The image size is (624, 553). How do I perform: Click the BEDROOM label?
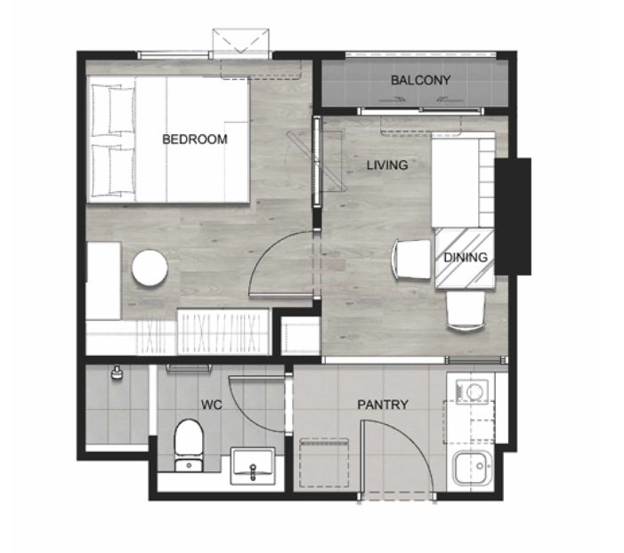(195, 140)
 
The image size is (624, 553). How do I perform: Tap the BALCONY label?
(420, 80)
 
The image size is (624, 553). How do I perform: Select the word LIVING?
(387, 165)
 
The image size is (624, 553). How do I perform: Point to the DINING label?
(466, 257)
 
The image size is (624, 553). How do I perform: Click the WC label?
(211, 405)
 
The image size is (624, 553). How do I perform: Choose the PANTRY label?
(383, 405)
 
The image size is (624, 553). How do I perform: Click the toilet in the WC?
(189, 445)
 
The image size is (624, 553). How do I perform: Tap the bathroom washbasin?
(253, 466)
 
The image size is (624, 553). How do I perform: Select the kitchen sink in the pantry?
(473, 467)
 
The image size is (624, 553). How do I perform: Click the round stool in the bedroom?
(150, 268)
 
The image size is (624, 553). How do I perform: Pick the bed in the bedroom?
(168, 140)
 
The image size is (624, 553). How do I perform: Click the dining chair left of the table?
(412, 260)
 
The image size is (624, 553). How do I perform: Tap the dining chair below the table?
(466, 311)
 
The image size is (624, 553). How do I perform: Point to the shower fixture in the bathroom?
(117, 373)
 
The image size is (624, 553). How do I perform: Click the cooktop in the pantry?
(472, 391)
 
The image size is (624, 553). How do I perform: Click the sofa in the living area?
(463, 180)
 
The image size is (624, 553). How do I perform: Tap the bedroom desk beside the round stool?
(103, 281)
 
